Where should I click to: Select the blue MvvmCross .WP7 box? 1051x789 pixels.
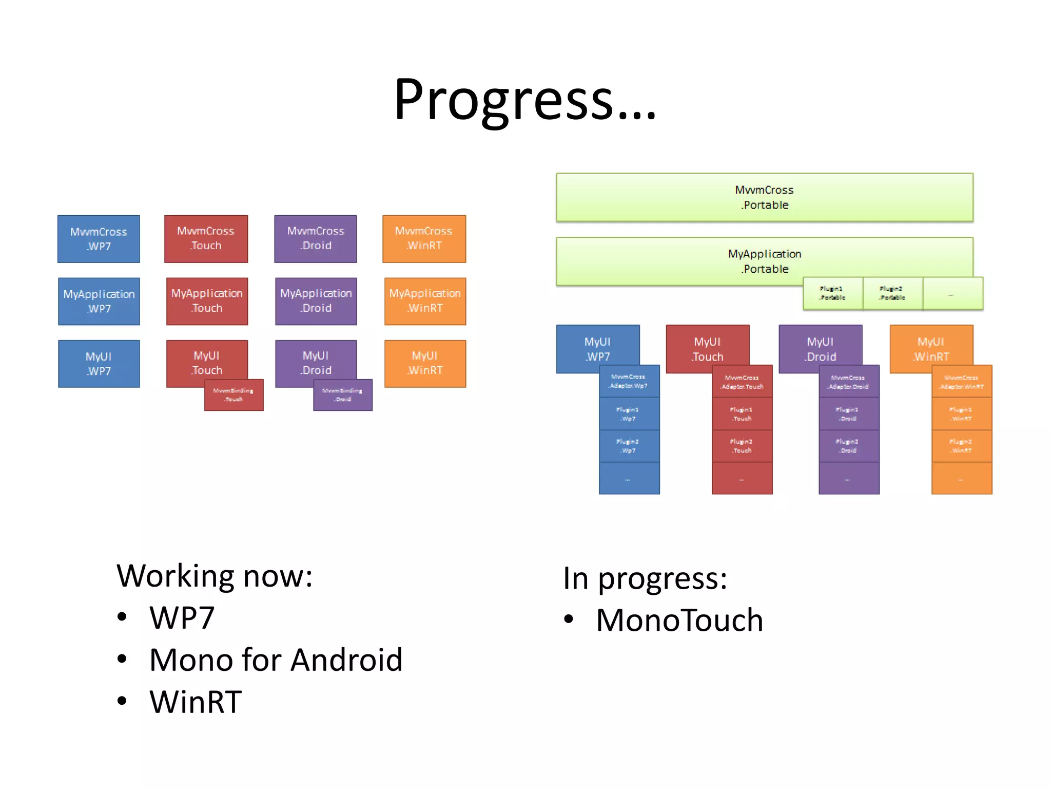point(99,239)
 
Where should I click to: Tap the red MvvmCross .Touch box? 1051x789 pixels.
point(206,238)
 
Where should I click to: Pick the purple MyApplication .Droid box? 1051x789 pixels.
point(316,301)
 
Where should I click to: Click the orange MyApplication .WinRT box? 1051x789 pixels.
point(425,301)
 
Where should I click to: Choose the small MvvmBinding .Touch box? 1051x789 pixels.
point(234,395)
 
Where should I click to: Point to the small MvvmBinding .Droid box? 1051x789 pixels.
point(343,395)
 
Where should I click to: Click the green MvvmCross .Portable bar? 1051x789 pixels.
point(764,197)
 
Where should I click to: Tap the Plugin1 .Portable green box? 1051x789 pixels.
point(832,293)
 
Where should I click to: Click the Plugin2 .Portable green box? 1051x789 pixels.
point(892,293)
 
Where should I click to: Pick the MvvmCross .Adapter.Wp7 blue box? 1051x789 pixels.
point(629,382)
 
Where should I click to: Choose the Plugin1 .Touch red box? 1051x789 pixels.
point(742,414)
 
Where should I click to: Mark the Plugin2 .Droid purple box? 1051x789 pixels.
point(848,446)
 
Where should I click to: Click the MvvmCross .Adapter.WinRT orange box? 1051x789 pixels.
point(962,382)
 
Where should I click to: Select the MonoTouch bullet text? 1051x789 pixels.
point(679,620)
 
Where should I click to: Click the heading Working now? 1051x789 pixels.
point(215,576)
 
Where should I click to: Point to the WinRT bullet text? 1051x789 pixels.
point(196,702)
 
